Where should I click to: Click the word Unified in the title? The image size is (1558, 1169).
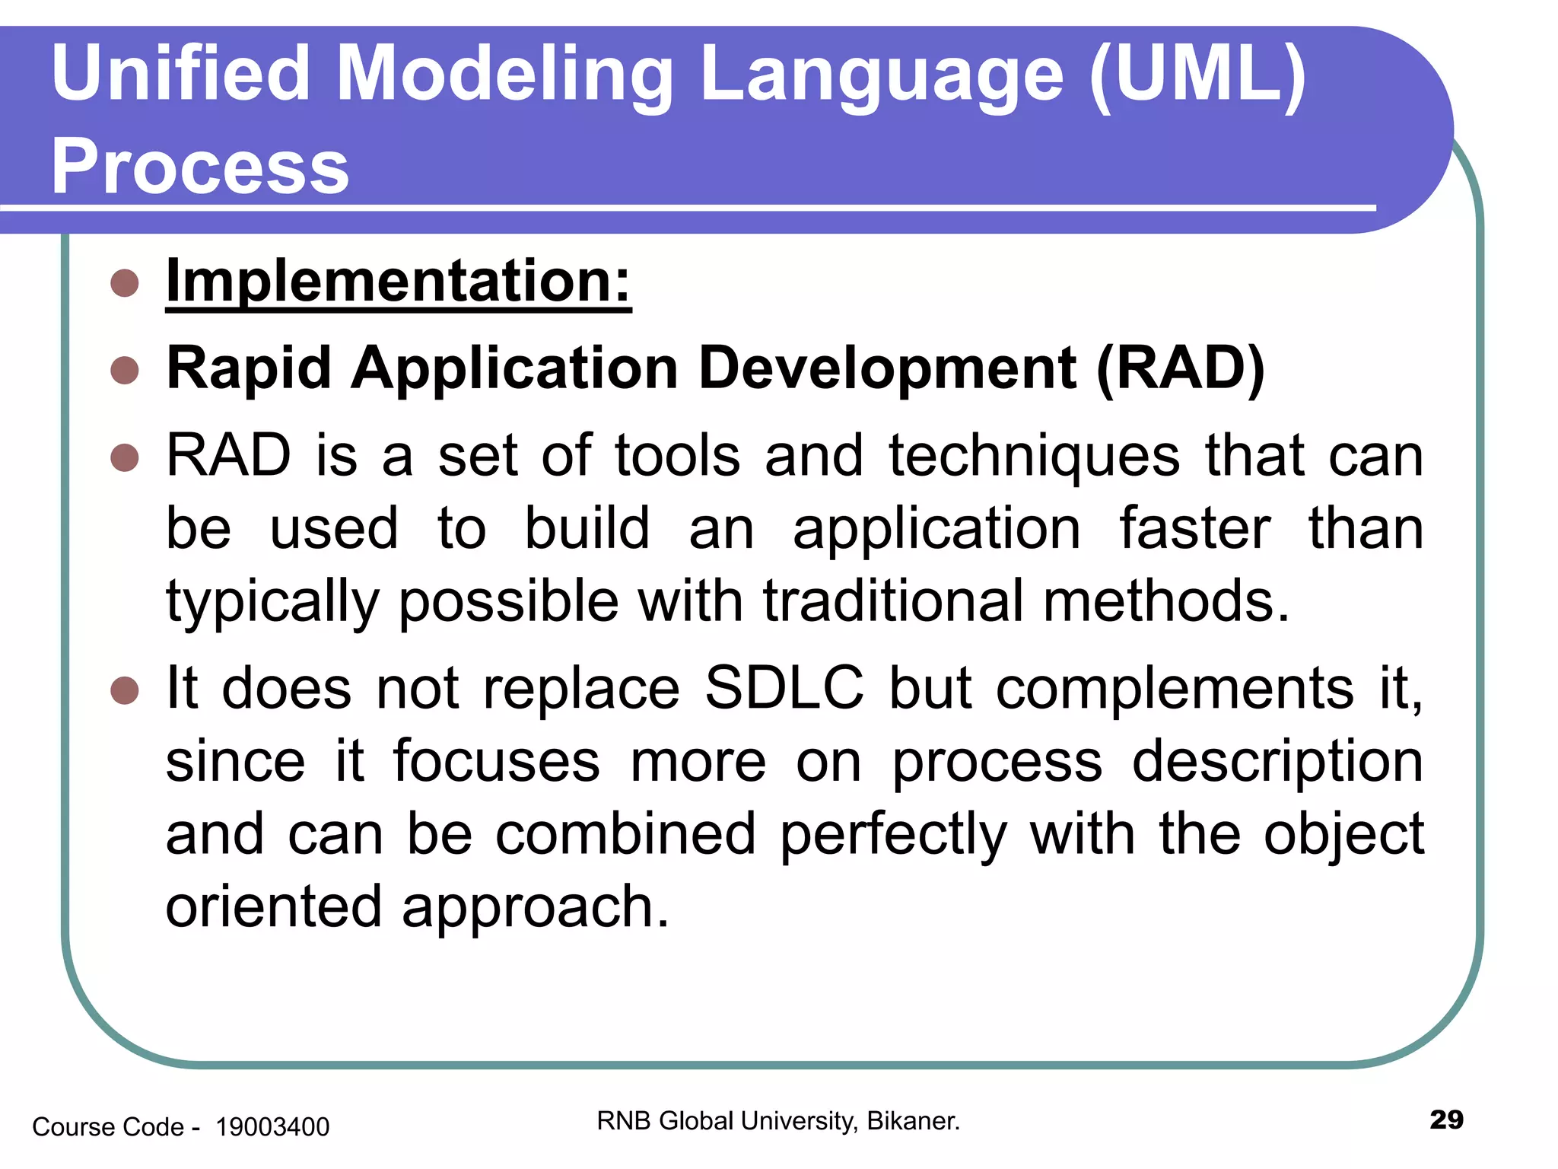(181, 73)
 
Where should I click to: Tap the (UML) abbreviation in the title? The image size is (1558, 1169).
(1197, 75)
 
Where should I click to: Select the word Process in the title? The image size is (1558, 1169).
(200, 167)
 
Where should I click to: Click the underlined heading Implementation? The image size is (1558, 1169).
(399, 282)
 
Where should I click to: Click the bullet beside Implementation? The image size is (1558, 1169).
(125, 283)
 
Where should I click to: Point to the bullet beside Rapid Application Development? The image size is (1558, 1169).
(125, 371)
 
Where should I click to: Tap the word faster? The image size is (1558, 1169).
(1194, 528)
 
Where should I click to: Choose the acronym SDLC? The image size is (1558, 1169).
(784, 688)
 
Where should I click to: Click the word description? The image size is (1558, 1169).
(1277, 762)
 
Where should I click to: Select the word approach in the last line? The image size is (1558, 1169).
(535, 908)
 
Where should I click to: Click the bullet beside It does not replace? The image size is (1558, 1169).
(125, 691)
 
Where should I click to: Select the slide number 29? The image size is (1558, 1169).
(1446, 1120)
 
